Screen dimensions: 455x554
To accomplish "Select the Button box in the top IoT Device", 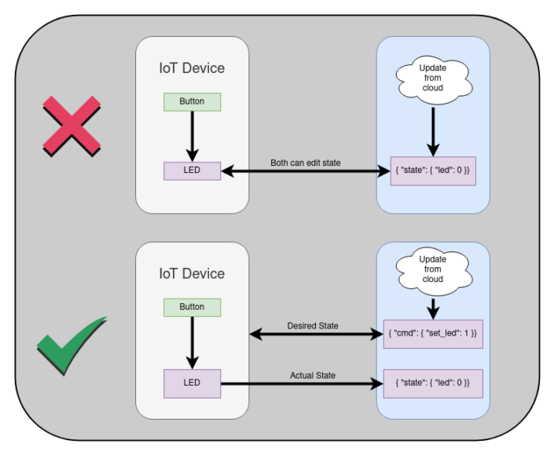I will tap(192, 101).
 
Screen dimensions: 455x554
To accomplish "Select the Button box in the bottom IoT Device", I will tap(192, 306).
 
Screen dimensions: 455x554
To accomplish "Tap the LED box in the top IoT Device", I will tap(192, 171).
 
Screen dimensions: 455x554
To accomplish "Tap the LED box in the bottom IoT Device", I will tap(192, 383).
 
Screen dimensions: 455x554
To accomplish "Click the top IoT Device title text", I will tap(192, 68).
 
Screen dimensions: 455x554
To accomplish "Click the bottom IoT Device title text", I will tap(192, 273).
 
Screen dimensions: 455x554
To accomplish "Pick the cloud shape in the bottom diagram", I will tap(432, 270).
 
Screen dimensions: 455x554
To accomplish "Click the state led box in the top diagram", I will tap(433, 171).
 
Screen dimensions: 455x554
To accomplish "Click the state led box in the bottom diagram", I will tap(433, 383).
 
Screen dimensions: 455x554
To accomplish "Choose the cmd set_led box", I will tap(433, 334).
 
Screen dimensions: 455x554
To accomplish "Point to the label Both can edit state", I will tap(305, 163).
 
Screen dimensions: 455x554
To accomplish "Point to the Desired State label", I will tap(313, 325).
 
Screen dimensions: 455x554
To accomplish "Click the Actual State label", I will tap(313, 376).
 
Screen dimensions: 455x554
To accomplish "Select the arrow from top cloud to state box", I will tap(432, 130).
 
